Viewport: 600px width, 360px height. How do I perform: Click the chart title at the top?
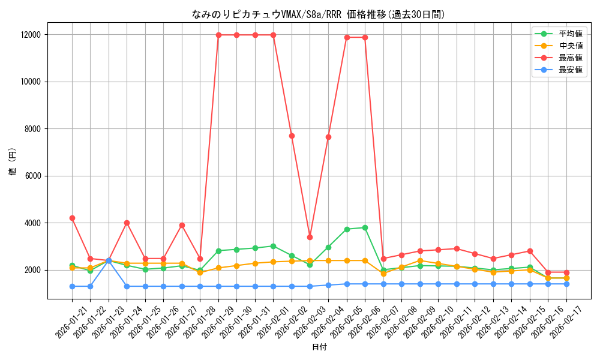pos(318,14)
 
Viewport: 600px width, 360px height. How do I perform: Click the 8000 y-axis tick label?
pos(31,129)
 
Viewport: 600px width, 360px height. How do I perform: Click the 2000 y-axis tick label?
pos(31,270)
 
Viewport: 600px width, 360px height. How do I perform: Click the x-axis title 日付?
pos(319,347)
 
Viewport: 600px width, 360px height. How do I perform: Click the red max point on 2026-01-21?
pos(72,218)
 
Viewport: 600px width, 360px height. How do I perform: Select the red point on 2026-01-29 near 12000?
pos(218,35)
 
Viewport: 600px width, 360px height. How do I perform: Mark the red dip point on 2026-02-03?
pos(310,237)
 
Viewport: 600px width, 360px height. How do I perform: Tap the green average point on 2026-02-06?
pos(365,227)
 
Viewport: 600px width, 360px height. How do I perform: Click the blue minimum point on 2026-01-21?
pos(72,286)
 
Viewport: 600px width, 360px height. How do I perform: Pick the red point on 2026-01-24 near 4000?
pos(127,223)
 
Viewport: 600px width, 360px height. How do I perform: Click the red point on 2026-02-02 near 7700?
pos(292,136)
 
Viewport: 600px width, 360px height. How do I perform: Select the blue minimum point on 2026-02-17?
pos(566,284)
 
